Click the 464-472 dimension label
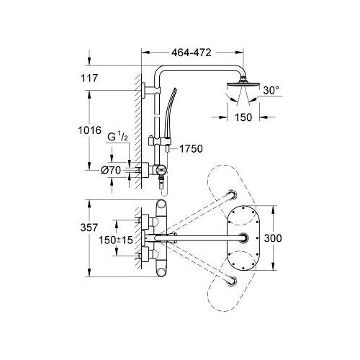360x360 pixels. (x=192, y=53)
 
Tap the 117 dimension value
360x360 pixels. (x=89, y=78)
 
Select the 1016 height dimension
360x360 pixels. (x=90, y=130)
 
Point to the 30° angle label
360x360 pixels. (x=271, y=90)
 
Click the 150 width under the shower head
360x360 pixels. (x=243, y=117)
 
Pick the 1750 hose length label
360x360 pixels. (x=191, y=149)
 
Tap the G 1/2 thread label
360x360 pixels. (x=117, y=138)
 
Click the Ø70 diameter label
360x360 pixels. (x=111, y=171)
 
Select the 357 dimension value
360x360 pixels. (x=89, y=228)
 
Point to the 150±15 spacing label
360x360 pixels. (x=116, y=240)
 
